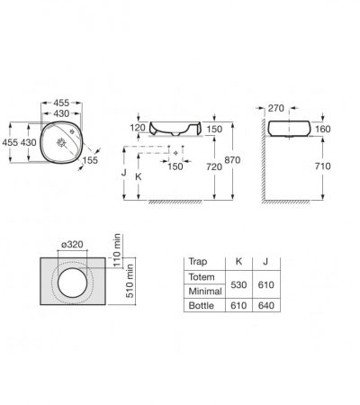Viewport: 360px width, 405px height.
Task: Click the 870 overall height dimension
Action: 232,160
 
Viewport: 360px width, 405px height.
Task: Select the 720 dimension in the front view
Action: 214,166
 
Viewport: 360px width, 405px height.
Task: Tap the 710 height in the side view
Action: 323,166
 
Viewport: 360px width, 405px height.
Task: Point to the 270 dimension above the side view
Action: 276,108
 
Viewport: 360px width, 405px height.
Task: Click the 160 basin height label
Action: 323,129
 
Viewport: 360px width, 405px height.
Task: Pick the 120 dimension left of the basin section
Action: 138,128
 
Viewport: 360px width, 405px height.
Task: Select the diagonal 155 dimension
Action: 90,160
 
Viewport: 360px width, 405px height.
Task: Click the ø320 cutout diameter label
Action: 72,245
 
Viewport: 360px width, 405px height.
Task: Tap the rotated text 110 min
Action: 117,250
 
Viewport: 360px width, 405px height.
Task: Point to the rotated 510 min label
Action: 130,281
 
